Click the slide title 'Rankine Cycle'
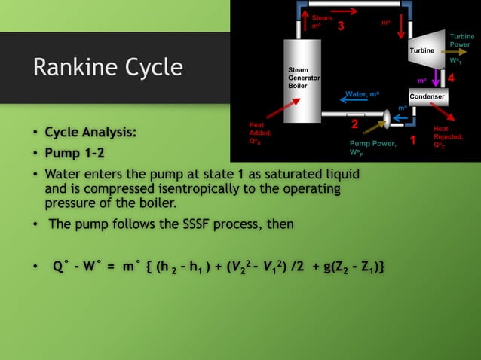(107, 68)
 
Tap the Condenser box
(427, 98)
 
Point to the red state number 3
(341, 27)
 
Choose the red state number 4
(451, 78)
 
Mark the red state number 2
(354, 124)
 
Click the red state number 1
(412, 141)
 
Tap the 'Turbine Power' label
(461, 41)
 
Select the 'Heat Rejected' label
(447, 136)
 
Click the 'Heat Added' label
(260, 132)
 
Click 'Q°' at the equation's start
(61, 267)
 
